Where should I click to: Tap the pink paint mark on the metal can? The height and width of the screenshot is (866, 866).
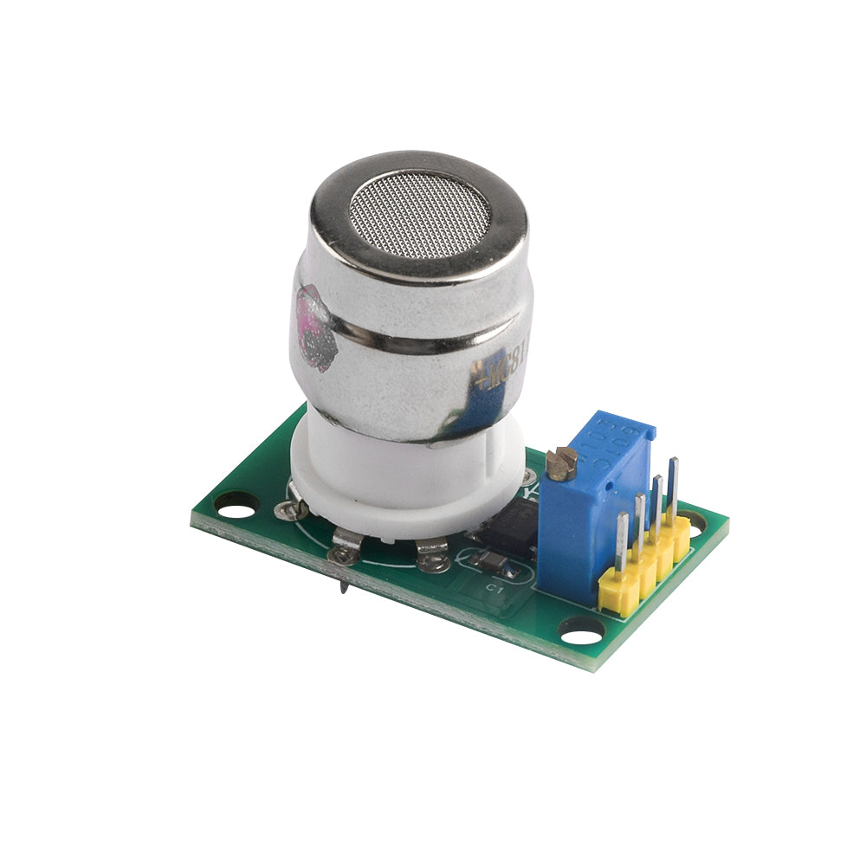pos(314,326)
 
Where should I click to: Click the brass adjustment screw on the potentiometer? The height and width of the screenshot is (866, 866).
pos(561,463)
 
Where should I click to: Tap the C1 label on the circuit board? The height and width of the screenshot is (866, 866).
pos(494,588)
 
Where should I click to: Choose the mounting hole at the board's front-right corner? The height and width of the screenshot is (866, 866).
pos(581,633)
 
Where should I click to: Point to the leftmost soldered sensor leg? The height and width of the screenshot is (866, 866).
pos(290,510)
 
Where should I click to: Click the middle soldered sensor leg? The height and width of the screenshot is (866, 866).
pos(346,546)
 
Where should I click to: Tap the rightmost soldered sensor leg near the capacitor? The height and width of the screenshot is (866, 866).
pos(431,555)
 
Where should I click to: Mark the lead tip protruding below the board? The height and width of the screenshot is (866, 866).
pos(345,588)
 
